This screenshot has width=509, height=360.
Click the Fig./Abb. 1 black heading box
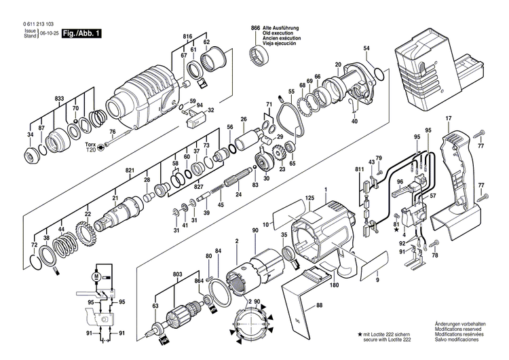(82, 33)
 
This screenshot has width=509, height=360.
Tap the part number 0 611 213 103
(39, 24)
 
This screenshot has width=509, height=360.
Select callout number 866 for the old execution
(255, 29)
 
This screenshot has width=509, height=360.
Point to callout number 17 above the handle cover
(449, 119)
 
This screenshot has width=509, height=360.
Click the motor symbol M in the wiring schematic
(96, 276)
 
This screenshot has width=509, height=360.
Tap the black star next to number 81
(396, 230)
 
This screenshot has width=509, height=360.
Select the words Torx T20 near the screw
(91, 147)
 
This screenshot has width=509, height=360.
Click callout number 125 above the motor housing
(309, 198)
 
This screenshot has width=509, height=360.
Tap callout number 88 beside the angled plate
(320, 306)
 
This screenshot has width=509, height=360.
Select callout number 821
(130, 170)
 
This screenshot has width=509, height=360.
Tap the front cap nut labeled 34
(32, 156)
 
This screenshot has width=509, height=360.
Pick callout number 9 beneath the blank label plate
(377, 280)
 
